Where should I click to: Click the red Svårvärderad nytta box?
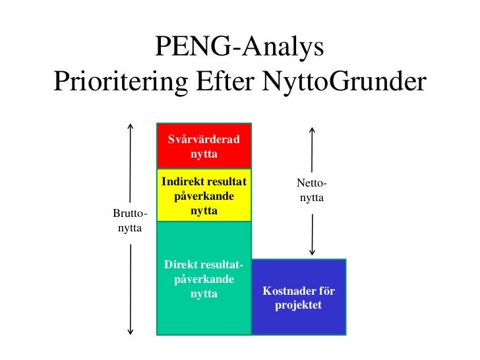[204, 146]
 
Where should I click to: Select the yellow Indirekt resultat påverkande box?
[204, 196]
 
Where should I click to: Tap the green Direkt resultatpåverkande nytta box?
[204, 278]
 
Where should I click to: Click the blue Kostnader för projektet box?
[299, 297]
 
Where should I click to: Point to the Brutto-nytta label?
[130, 220]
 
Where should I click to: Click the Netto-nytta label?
[312, 191]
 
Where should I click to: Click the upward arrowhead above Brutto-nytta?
[131, 125]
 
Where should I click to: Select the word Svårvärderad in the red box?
[204, 139]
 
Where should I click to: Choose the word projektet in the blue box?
[299, 305]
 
